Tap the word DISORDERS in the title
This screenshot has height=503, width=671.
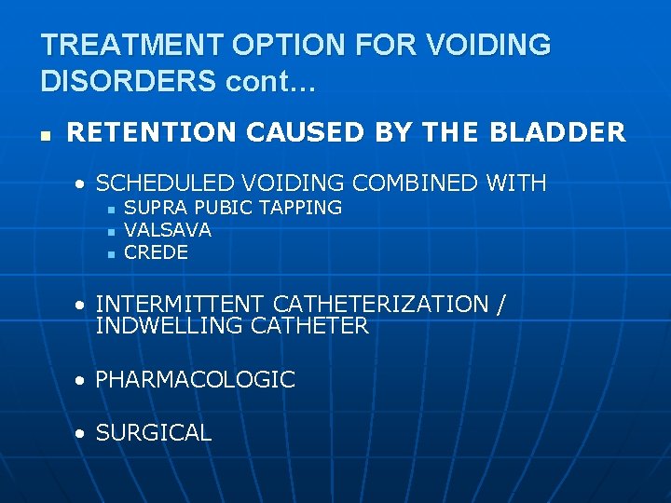(127, 81)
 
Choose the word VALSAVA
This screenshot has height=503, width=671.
(168, 230)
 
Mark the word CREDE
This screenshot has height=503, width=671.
(156, 252)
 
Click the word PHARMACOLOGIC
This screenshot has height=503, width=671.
(195, 380)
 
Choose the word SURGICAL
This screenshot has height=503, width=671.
(153, 433)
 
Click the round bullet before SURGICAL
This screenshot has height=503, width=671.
(83, 434)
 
